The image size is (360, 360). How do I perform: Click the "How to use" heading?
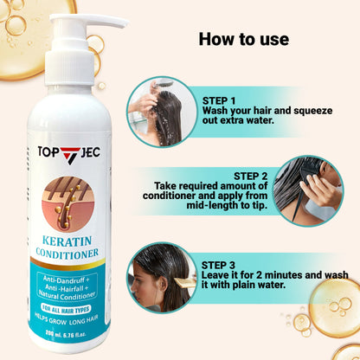tap(243, 39)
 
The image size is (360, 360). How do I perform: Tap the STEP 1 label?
tap(222, 100)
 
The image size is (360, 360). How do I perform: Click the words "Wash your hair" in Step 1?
tap(234, 111)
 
